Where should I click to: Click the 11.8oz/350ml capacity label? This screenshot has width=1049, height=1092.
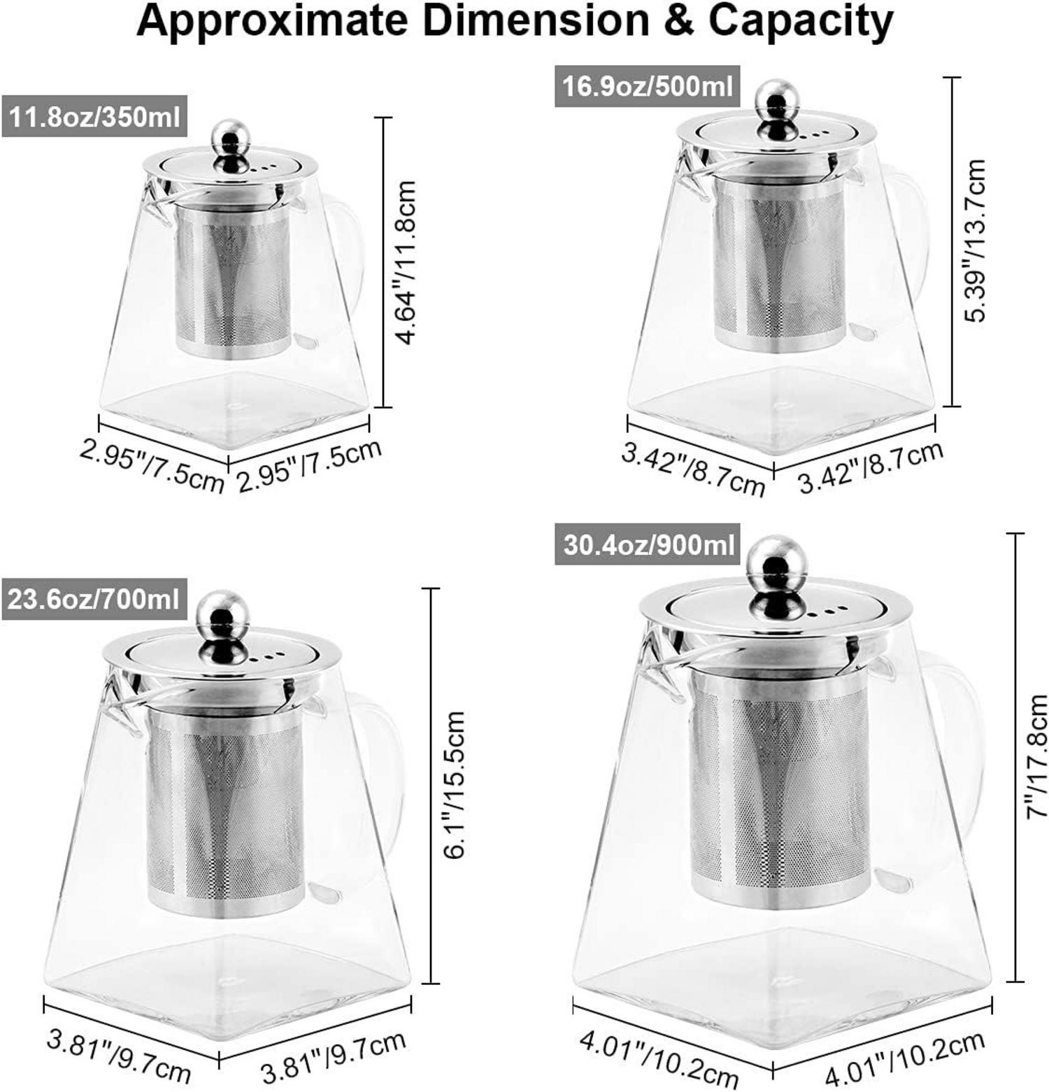pos(95,116)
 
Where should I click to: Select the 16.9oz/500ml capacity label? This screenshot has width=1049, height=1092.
pos(648,86)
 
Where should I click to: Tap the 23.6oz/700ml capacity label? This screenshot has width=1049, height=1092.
pos(94,599)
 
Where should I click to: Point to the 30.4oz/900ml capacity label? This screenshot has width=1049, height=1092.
pos(648,544)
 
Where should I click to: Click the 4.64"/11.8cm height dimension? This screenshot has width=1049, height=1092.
pos(406,262)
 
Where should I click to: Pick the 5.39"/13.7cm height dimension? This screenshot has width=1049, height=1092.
pos(974,241)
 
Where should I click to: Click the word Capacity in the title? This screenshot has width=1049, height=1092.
pos(801,21)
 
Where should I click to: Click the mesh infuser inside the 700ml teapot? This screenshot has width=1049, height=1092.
pos(225,804)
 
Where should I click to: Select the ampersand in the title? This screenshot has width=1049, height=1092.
pos(678,21)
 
